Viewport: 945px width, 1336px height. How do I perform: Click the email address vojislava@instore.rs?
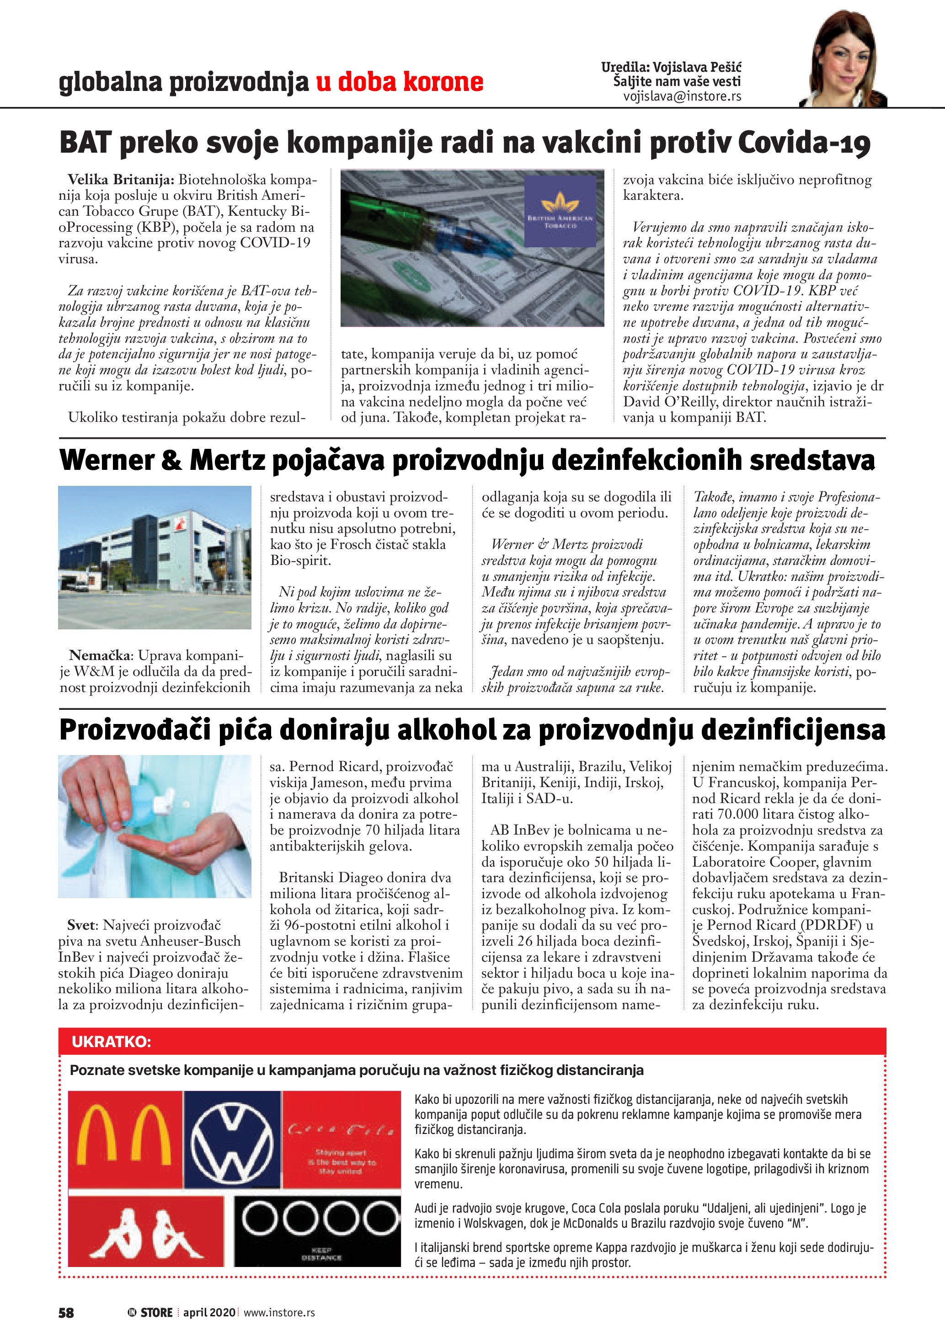pos(682,96)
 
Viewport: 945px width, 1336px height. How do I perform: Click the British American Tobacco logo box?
pos(560,212)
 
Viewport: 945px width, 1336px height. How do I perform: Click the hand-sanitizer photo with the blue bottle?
pos(155,826)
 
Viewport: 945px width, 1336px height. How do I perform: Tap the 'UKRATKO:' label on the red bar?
pos(111,1042)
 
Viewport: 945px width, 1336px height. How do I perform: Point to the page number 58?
pos(66,1313)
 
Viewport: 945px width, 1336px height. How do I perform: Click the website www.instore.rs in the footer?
pos(279,1312)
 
